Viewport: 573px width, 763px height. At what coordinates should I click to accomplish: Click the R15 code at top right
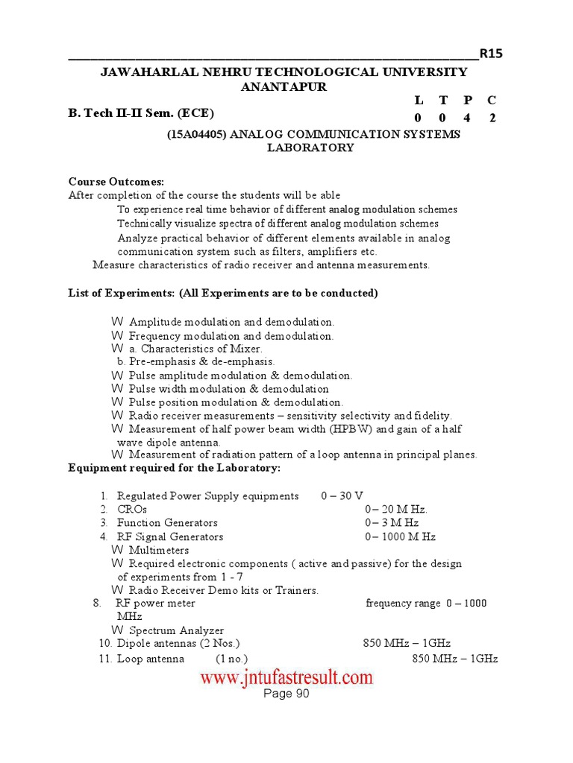click(491, 53)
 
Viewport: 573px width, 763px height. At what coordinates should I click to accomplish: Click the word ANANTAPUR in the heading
click(284, 86)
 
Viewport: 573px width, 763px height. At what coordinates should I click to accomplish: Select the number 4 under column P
click(467, 118)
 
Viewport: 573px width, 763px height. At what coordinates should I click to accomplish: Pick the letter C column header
click(491, 100)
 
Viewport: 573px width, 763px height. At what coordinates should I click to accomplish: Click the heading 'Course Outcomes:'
click(116, 182)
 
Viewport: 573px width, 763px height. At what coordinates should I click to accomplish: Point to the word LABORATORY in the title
click(310, 148)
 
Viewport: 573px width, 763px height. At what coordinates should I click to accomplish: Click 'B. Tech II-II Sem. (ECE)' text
click(141, 113)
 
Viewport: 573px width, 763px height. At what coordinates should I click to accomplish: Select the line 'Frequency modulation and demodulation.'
click(231, 336)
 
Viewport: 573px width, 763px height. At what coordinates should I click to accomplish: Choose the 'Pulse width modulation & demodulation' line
click(228, 388)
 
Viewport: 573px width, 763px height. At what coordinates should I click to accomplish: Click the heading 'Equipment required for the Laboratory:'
click(175, 468)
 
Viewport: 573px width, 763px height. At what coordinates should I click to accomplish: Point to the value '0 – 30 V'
click(342, 496)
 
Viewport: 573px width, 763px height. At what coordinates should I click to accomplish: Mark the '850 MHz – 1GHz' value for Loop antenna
click(455, 659)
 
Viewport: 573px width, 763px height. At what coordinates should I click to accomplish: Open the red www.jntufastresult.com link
click(286, 677)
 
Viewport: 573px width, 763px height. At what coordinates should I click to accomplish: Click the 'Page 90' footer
click(286, 694)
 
